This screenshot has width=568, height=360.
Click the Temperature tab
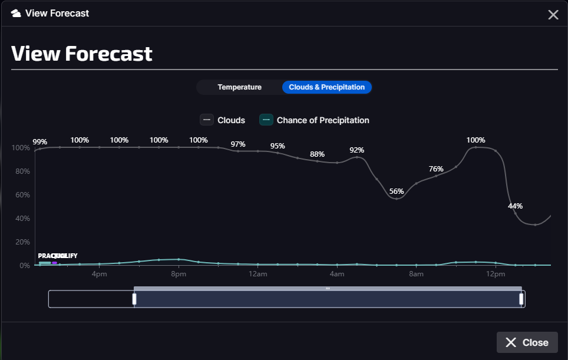click(239, 87)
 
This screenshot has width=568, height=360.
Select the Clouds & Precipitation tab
click(326, 87)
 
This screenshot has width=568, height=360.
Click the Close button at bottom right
click(527, 342)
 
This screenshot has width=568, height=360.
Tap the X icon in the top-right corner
click(553, 15)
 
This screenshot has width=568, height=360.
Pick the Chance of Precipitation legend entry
click(315, 120)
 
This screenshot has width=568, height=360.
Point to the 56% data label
click(397, 191)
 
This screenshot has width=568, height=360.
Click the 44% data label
click(516, 206)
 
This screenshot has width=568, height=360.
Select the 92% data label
click(357, 150)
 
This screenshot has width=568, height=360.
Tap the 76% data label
click(436, 169)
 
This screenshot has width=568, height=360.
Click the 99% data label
click(40, 142)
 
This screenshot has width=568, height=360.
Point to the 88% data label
click(317, 154)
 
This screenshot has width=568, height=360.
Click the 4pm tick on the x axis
click(99, 275)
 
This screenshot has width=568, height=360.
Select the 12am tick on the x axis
click(257, 275)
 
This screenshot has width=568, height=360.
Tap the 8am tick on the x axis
click(417, 275)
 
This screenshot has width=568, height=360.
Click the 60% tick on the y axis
click(21, 195)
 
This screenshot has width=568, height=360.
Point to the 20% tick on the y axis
click(21, 242)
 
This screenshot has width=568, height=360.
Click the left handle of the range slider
click(134, 299)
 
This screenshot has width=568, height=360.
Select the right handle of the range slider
click(521, 299)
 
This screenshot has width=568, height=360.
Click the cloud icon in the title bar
click(16, 13)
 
